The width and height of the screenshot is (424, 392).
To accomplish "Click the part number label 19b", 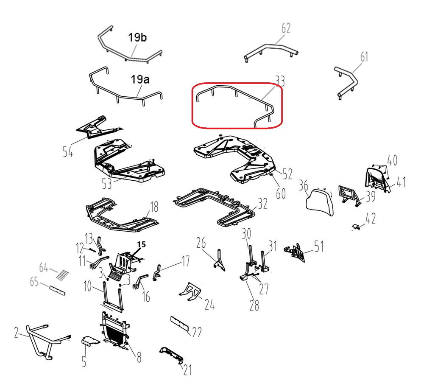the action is coord(137,37).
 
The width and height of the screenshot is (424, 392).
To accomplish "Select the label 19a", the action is coord(140,79).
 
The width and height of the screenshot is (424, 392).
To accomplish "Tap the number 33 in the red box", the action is coord(280,81).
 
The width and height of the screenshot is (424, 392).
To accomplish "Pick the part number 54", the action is coord(68,151).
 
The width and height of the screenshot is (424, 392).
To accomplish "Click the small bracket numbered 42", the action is coord(357,227).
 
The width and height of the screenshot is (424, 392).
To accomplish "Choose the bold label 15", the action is coord(142,244).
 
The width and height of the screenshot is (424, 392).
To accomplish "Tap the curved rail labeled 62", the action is coord(271,52).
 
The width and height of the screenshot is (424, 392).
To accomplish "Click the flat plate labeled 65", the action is coord(57,290).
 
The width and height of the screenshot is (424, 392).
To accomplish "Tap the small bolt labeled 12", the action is coord(92,249).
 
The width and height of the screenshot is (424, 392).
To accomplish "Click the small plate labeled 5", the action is coord(90,341).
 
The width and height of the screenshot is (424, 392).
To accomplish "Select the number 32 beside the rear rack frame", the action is coord(262,204).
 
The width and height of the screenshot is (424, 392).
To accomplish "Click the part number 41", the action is coord(401,182).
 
